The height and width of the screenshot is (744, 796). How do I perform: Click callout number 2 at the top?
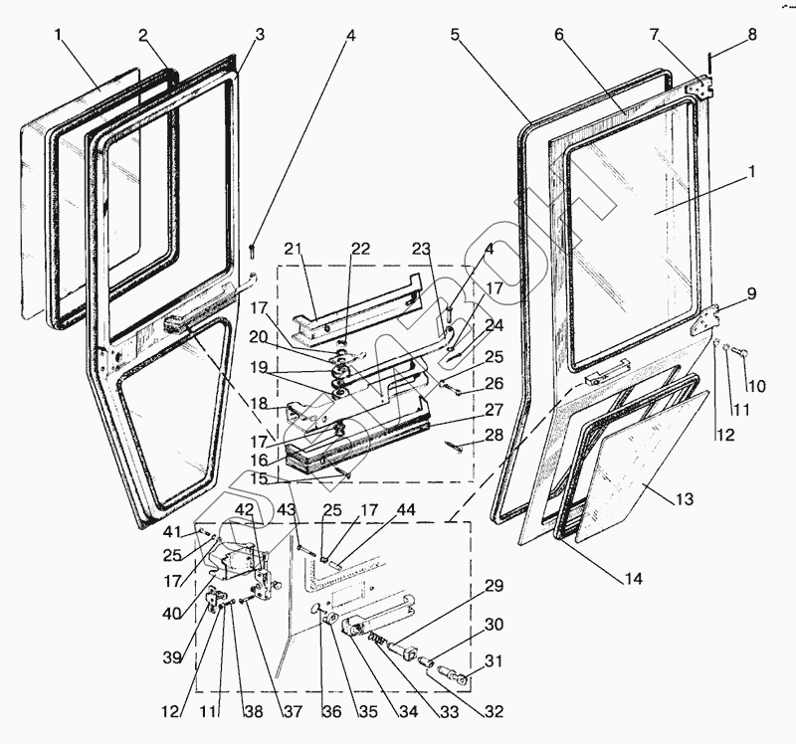[144, 35]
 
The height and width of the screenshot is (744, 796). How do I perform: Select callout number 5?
[455, 34]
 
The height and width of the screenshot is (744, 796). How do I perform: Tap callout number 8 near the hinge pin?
[751, 34]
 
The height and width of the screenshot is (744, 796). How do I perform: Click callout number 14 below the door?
[634, 578]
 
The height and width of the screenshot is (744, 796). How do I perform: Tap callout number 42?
[243, 508]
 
